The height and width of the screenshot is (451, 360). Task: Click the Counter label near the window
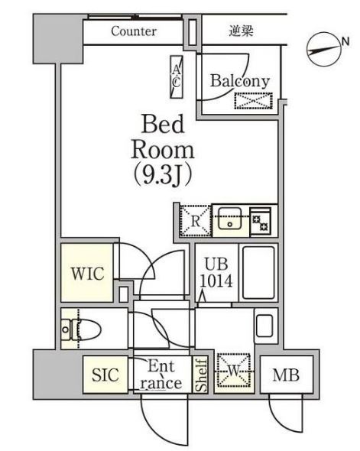tap(134, 31)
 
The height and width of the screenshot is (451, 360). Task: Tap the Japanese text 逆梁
tap(241, 31)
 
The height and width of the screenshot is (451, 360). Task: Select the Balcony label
tap(240, 81)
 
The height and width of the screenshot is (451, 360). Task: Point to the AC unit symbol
tap(177, 76)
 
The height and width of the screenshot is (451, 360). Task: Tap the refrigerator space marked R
tap(196, 221)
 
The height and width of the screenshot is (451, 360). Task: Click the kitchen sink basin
tap(230, 218)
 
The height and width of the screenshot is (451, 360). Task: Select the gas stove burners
tap(260, 222)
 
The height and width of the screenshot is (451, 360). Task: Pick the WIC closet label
tap(88, 273)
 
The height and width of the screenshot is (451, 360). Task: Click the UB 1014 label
tap(216, 272)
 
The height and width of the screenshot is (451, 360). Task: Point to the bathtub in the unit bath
tap(258, 272)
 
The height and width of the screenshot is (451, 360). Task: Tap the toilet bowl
tap(82, 329)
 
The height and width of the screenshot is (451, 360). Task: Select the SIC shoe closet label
tap(105, 375)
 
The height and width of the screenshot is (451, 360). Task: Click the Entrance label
tap(161, 375)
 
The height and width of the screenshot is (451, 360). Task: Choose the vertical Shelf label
tap(202, 375)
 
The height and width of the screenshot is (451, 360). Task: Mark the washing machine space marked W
tap(234, 370)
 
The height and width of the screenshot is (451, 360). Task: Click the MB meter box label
tap(286, 375)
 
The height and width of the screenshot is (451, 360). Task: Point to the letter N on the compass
tap(345, 42)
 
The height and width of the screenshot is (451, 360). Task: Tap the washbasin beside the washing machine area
tap(264, 326)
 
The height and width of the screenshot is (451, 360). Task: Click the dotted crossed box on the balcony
tap(253, 101)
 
